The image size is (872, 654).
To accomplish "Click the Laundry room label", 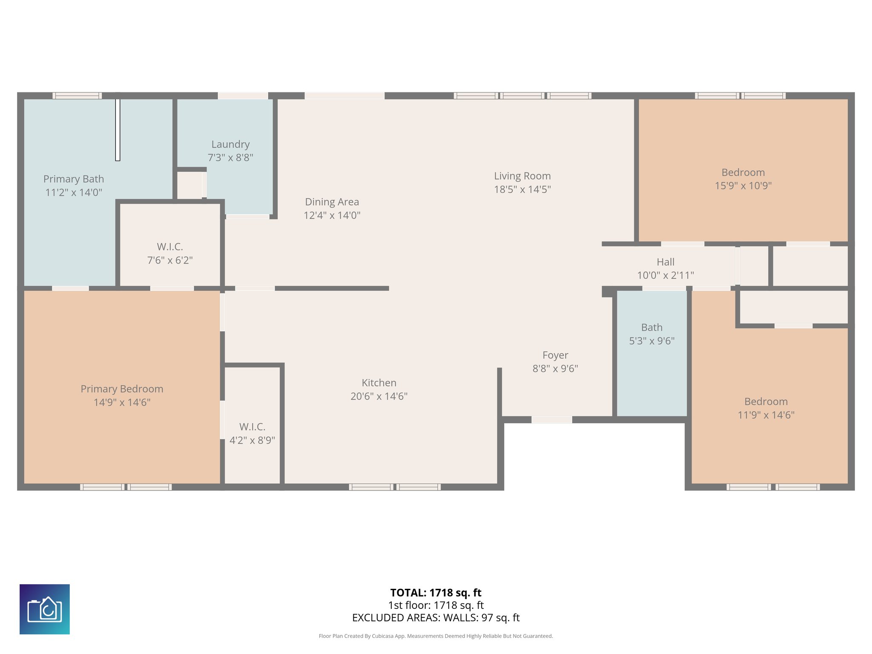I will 230,144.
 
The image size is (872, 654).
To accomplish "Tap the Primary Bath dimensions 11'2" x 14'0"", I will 74,192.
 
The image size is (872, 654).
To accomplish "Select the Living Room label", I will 522,176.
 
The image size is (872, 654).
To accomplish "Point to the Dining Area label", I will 332,202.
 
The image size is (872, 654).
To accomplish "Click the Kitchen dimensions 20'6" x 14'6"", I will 379,396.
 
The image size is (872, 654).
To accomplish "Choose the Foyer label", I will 555,355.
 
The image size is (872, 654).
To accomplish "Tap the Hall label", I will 665,262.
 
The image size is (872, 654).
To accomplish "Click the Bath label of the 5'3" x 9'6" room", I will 651,327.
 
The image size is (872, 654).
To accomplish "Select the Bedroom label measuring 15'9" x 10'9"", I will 743,172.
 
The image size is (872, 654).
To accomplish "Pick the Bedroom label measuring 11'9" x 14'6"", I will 766,402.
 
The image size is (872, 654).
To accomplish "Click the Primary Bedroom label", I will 122,389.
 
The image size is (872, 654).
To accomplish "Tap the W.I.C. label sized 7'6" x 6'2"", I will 169,247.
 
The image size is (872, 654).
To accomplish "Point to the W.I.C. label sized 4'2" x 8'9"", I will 252,427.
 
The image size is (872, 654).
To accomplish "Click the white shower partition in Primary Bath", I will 118,130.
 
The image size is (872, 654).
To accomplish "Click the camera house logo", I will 45,609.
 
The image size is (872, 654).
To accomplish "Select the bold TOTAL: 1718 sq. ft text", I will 436,593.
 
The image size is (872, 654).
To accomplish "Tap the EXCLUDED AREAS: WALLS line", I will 436,618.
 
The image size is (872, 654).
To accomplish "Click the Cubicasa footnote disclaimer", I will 436,636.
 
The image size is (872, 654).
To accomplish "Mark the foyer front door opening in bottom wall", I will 551,420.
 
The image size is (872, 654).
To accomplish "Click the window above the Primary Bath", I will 77,96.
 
